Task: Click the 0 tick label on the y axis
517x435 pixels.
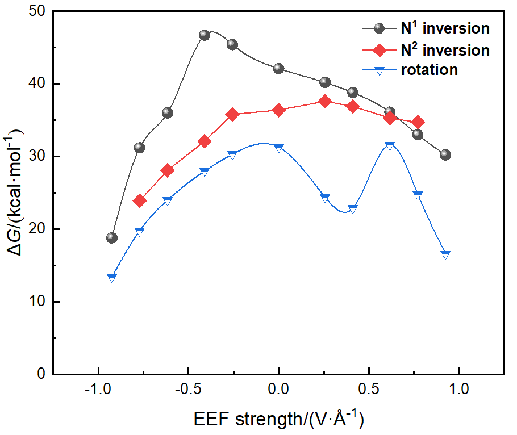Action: tap(43, 374)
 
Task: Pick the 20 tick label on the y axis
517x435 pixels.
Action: tap(40, 229)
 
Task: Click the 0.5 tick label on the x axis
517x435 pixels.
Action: tap(369, 391)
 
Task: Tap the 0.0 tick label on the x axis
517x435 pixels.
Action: tap(278, 391)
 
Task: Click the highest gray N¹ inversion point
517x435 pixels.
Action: tap(205, 35)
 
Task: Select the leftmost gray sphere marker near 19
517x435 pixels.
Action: tap(112, 237)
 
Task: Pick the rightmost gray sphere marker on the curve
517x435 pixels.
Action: tap(445, 154)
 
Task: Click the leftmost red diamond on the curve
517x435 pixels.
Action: tap(140, 200)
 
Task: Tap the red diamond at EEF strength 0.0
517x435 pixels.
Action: tap(278, 110)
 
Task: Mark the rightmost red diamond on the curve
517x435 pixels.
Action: tap(418, 122)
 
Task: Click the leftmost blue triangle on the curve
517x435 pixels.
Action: tap(112, 278)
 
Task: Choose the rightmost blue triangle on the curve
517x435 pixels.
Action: tap(445, 255)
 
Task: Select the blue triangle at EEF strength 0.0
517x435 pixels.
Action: tap(278, 148)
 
